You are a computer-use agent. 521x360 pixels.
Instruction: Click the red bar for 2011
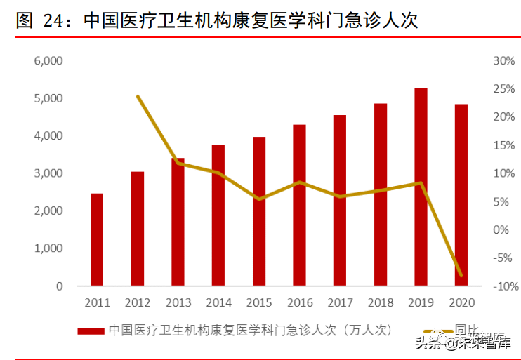click(x=97, y=239)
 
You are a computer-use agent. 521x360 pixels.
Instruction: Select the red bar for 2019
click(x=421, y=187)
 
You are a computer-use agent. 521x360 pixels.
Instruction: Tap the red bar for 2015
click(x=259, y=211)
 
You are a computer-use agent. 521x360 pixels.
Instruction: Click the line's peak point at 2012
click(x=138, y=96)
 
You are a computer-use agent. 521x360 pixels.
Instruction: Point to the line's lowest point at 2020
click(x=461, y=276)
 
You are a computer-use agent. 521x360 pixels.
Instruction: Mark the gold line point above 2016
click(x=300, y=182)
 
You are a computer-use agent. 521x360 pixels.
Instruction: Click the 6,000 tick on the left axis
click(x=48, y=60)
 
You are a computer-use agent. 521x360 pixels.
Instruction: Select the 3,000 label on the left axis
click(x=48, y=173)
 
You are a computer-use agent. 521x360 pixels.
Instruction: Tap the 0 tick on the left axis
click(x=60, y=286)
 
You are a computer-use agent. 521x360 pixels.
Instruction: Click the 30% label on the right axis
click(x=504, y=60)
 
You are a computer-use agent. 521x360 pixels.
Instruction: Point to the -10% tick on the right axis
click(x=503, y=286)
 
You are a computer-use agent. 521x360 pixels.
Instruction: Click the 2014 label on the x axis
click(x=218, y=303)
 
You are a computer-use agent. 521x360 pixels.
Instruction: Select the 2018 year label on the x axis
click(x=381, y=303)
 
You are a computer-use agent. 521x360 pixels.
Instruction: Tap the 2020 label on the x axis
click(x=461, y=303)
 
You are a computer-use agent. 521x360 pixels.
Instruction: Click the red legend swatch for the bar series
click(x=91, y=329)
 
